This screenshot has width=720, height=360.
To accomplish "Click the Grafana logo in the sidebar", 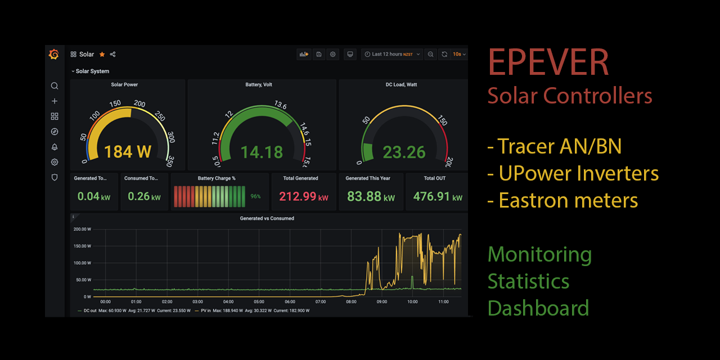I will [54, 55].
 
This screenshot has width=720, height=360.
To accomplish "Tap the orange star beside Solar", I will [102, 55].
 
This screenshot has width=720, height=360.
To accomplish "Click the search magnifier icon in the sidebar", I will [55, 86].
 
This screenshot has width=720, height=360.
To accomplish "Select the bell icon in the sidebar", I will [55, 147].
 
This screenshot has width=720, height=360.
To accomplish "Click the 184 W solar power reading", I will [127, 152].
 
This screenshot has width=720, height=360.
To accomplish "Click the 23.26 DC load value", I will [404, 152].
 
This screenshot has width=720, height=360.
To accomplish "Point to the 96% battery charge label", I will [255, 197].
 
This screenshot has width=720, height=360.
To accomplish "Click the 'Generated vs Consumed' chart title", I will [267, 218].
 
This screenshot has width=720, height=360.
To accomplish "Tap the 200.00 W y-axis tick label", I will [82, 229].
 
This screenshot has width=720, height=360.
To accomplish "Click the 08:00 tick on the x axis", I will [351, 302].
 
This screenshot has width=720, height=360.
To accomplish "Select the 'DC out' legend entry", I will [89, 310].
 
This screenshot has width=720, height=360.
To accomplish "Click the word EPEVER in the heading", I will [548, 62].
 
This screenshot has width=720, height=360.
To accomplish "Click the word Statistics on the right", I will [528, 281].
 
